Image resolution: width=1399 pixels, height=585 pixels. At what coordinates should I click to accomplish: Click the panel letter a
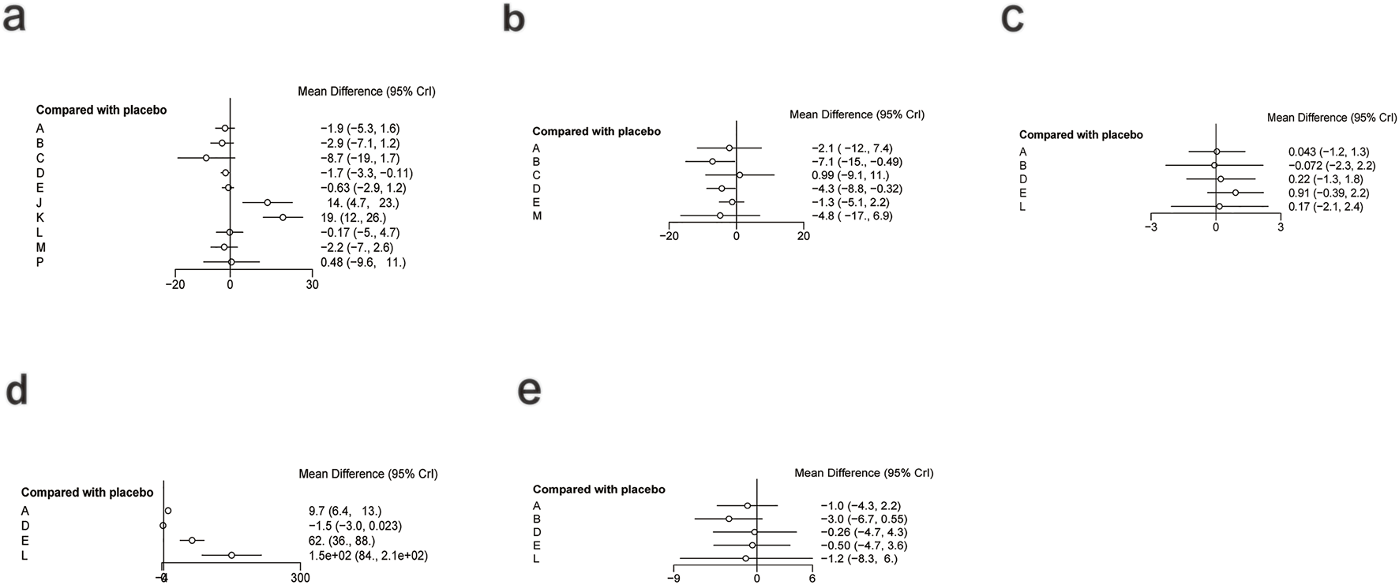tap(15, 19)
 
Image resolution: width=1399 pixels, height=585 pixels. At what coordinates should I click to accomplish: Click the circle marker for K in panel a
tap(283, 217)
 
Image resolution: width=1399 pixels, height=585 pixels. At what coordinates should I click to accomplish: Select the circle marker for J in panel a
tap(267, 203)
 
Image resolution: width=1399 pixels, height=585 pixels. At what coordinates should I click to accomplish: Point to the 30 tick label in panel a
tap(313, 285)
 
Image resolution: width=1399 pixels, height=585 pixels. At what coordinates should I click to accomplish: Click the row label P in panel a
tap(39, 262)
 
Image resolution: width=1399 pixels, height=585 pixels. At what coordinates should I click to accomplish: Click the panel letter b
tap(514, 19)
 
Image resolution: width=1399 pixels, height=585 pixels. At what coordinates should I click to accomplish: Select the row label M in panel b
tap(537, 216)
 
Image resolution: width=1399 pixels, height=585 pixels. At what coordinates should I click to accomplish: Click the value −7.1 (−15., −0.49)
tap(857, 162)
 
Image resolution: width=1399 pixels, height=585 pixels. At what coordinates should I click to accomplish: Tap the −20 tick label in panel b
tap(669, 236)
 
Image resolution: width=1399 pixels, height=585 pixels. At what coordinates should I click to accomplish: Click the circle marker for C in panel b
tap(740, 175)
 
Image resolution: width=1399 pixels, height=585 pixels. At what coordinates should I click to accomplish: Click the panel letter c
tap(1012, 19)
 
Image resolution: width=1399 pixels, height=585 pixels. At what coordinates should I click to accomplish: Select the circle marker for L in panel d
tap(231, 555)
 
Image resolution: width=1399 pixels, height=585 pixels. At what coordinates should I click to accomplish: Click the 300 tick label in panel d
tap(300, 578)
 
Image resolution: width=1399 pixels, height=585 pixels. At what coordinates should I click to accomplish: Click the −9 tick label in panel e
tap(673, 578)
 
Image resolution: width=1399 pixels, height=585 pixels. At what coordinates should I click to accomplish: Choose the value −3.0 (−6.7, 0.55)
tap(864, 519)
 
